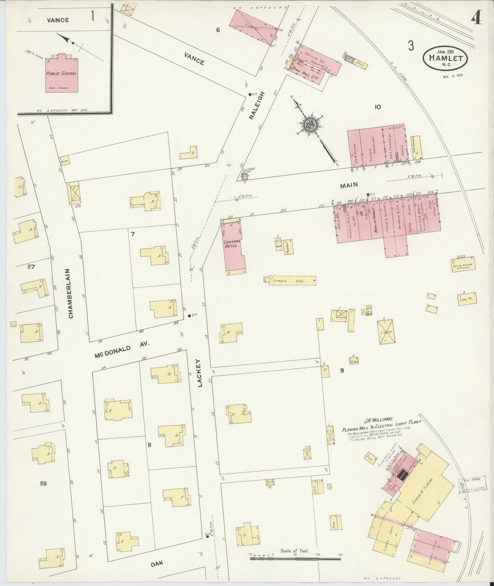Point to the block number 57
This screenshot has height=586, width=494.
click(x=31, y=267)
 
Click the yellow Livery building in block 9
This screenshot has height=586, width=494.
click(x=387, y=332)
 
